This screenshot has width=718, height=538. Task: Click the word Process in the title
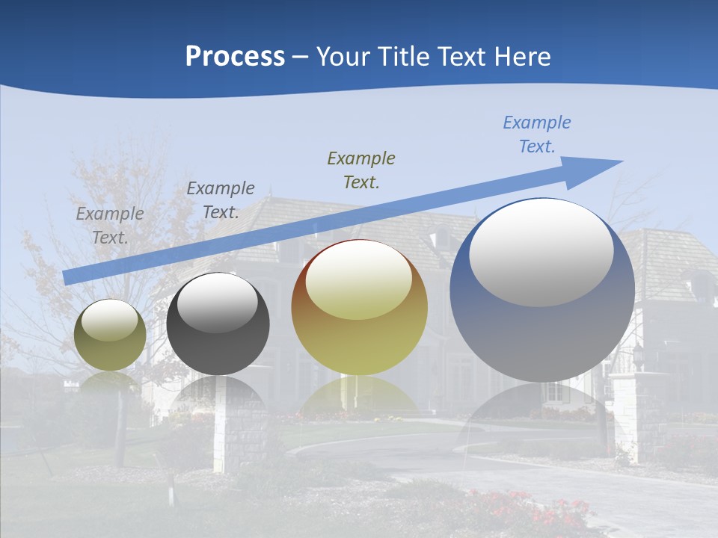click(x=235, y=57)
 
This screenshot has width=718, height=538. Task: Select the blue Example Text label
click(x=536, y=134)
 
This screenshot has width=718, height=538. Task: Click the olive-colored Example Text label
click(x=361, y=170)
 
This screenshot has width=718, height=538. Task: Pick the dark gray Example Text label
click(x=221, y=200)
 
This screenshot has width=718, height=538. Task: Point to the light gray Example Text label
click(x=110, y=226)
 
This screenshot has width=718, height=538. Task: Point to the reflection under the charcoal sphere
click(x=218, y=393)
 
